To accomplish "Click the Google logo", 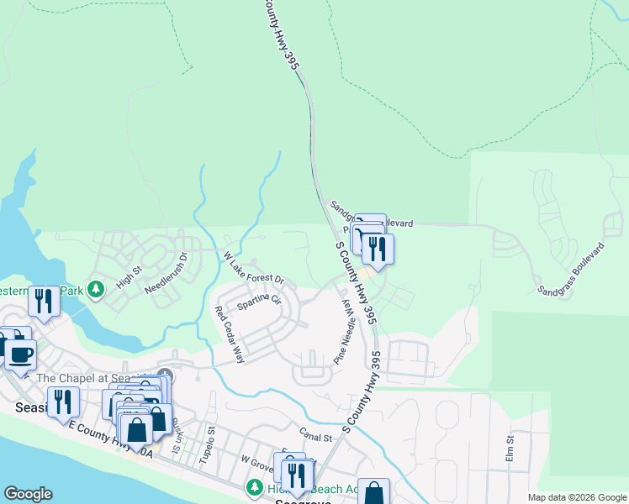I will click(x=28, y=494).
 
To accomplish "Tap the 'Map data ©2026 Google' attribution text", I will click(x=577, y=497).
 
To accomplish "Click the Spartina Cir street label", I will click(x=257, y=300).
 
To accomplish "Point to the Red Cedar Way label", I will click(x=230, y=334).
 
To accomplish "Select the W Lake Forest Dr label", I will click(x=254, y=268).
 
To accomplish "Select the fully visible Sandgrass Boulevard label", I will click(x=572, y=269).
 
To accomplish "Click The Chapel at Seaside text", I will click(x=92, y=378).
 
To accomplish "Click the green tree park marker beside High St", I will click(x=95, y=290).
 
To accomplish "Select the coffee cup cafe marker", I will click(x=21, y=353).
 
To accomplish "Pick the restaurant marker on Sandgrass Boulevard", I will click(x=378, y=249).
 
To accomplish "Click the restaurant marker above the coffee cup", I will click(x=42, y=302).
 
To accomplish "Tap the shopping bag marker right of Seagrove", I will click(x=373, y=493).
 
